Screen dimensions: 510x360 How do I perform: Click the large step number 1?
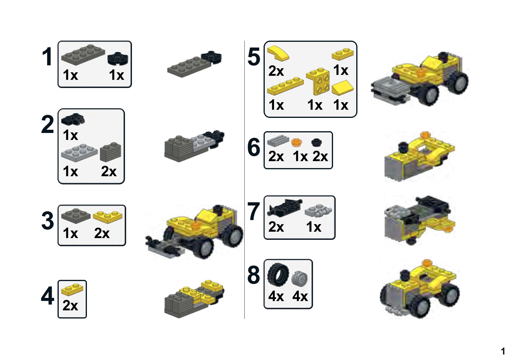[47, 57]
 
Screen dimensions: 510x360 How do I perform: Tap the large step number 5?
[254, 57]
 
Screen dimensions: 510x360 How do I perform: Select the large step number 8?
[254, 275]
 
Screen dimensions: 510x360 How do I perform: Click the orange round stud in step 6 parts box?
[296, 142]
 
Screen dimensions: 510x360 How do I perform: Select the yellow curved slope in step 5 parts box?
[278, 53]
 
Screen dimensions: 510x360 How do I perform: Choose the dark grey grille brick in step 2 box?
[110, 152]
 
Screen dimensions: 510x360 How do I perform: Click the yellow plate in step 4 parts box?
[72, 288]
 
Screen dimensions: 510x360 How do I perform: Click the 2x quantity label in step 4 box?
[70, 305]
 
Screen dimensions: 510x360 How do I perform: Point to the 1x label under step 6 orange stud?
[300, 157]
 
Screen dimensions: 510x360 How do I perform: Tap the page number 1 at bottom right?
[503, 351]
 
